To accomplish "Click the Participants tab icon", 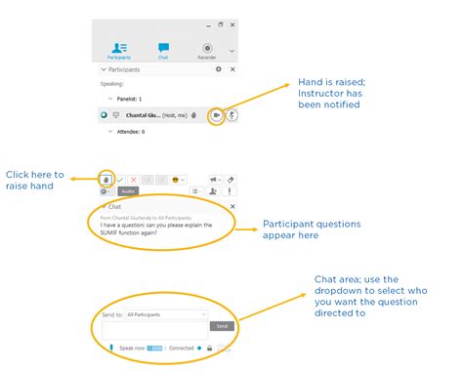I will [x=119, y=47].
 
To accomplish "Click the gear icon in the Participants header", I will [x=219, y=70].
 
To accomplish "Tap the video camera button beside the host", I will [x=216, y=115].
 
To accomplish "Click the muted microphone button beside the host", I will [x=232, y=115].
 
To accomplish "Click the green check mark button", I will [x=120, y=180].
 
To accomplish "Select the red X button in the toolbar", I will [x=134, y=180].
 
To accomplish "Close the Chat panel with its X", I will [x=231, y=207].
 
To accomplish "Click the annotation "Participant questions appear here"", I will [x=312, y=230].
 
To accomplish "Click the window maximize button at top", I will [x=221, y=24].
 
